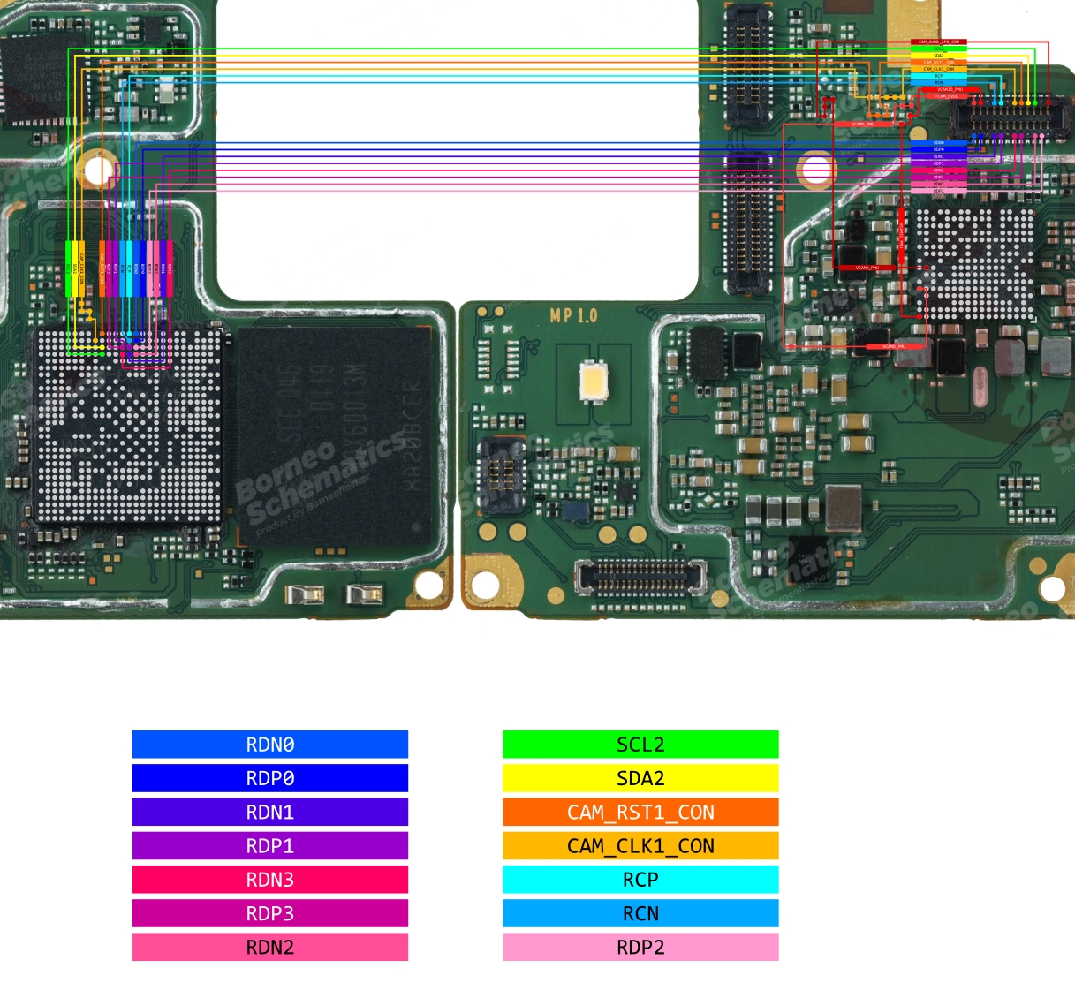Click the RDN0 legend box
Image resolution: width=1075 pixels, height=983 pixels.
pyautogui.click(x=270, y=745)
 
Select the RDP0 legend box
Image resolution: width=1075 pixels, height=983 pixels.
pyautogui.click(x=270, y=778)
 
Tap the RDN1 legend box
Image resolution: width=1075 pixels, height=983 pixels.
pyautogui.click(x=270, y=812)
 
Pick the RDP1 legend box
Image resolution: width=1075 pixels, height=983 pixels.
pyautogui.click(x=270, y=845)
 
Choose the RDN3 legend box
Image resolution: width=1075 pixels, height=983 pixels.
pyautogui.click(x=270, y=880)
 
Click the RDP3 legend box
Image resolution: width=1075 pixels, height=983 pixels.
pyautogui.click(x=270, y=913)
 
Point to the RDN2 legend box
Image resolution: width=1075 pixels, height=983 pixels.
pyautogui.click(x=270, y=947)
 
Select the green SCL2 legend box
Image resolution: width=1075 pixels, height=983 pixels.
pyautogui.click(x=640, y=745)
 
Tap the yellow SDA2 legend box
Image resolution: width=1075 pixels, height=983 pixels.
pyautogui.click(x=640, y=778)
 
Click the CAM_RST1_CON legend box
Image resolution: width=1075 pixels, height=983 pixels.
pyautogui.click(x=640, y=812)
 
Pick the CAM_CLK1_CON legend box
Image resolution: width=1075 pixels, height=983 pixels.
pyautogui.click(x=640, y=845)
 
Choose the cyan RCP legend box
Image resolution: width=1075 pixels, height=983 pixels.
pyautogui.click(x=640, y=880)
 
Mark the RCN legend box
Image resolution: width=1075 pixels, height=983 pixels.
pyautogui.click(x=640, y=913)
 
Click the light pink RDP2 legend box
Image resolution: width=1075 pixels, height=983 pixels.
pyautogui.click(x=640, y=947)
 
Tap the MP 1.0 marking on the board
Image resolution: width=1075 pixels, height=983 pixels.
pyautogui.click(x=573, y=316)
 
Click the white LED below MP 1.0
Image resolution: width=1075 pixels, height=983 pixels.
pyautogui.click(x=592, y=382)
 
